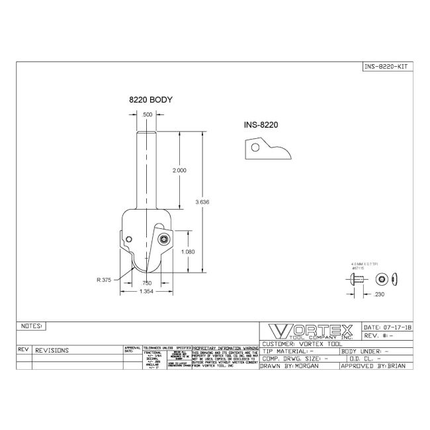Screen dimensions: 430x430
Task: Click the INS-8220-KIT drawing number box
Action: click(388, 66)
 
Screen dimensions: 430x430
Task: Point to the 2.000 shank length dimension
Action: click(179, 170)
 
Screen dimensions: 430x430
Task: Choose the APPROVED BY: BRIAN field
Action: click(376, 365)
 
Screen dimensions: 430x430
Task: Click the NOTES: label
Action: click(32, 326)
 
